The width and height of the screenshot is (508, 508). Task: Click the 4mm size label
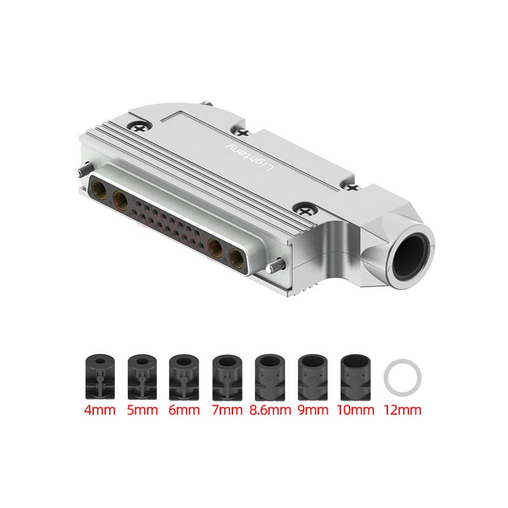click(x=99, y=410)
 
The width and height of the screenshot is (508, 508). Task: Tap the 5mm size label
click(x=142, y=410)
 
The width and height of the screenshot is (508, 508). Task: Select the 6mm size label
click(x=184, y=410)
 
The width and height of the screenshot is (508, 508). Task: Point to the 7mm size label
click(x=227, y=410)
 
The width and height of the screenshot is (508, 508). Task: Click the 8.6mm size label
click(x=270, y=410)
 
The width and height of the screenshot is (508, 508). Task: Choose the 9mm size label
click(x=312, y=410)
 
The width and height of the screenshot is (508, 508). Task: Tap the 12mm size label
click(x=403, y=410)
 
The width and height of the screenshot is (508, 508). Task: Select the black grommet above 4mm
click(x=99, y=377)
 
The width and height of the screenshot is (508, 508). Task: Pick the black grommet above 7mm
click(x=227, y=377)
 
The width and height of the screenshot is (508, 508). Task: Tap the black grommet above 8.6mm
click(x=270, y=377)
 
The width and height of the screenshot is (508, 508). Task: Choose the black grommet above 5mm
click(x=142, y=377)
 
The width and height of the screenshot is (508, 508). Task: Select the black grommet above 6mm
click(x=184, y=377)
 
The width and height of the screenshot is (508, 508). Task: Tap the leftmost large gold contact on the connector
click(x=100, y=188)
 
